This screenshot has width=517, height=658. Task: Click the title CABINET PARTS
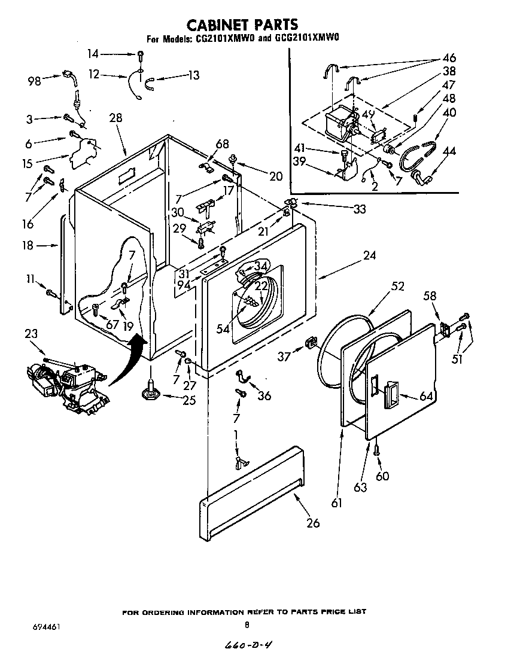[x=242, y=25]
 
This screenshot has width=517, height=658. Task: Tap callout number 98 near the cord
[x=35, y=81]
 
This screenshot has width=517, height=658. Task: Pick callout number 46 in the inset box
[x=449, y=58]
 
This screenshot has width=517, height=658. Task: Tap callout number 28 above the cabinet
[x=115, y=118]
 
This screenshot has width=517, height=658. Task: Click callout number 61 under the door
[x=337, y=503]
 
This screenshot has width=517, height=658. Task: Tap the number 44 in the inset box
[x=449, y=152]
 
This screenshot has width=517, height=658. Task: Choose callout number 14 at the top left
[x=93, y=54]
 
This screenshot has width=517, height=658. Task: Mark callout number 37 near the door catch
[x=284, y=357]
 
